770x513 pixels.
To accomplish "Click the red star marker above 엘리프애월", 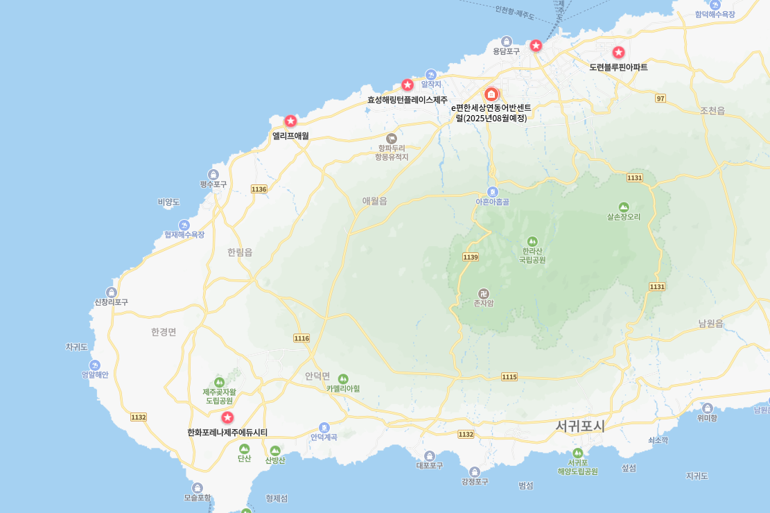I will point(290,121).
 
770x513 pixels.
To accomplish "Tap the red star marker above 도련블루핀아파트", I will point(618,52).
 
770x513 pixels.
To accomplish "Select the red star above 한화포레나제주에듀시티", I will point(227,417).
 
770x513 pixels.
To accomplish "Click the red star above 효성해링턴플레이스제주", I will point(408,85).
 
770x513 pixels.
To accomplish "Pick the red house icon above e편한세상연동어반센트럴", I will point(491,94).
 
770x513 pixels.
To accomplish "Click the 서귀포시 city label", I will point(579,426).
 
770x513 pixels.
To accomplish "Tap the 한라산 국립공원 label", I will point(532,255).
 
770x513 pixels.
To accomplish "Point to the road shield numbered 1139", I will point(471,257).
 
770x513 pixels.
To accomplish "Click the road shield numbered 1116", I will point(301,338).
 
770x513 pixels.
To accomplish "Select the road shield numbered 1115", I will point(509,376).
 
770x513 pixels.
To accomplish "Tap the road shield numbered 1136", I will point(259,189).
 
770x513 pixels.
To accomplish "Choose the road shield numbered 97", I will point(660,98).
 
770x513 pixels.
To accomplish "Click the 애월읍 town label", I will point(374,201).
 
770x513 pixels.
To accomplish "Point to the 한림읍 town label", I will point(240,252).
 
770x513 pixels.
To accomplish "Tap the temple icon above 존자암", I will point(483,293).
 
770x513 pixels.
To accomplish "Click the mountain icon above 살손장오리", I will point(624,207).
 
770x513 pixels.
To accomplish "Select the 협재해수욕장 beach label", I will point(184,234).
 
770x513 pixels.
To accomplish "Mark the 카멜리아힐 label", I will point(343,389).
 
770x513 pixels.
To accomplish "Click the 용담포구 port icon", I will point(507,41).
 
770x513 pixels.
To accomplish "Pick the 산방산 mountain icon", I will point(275,451).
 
